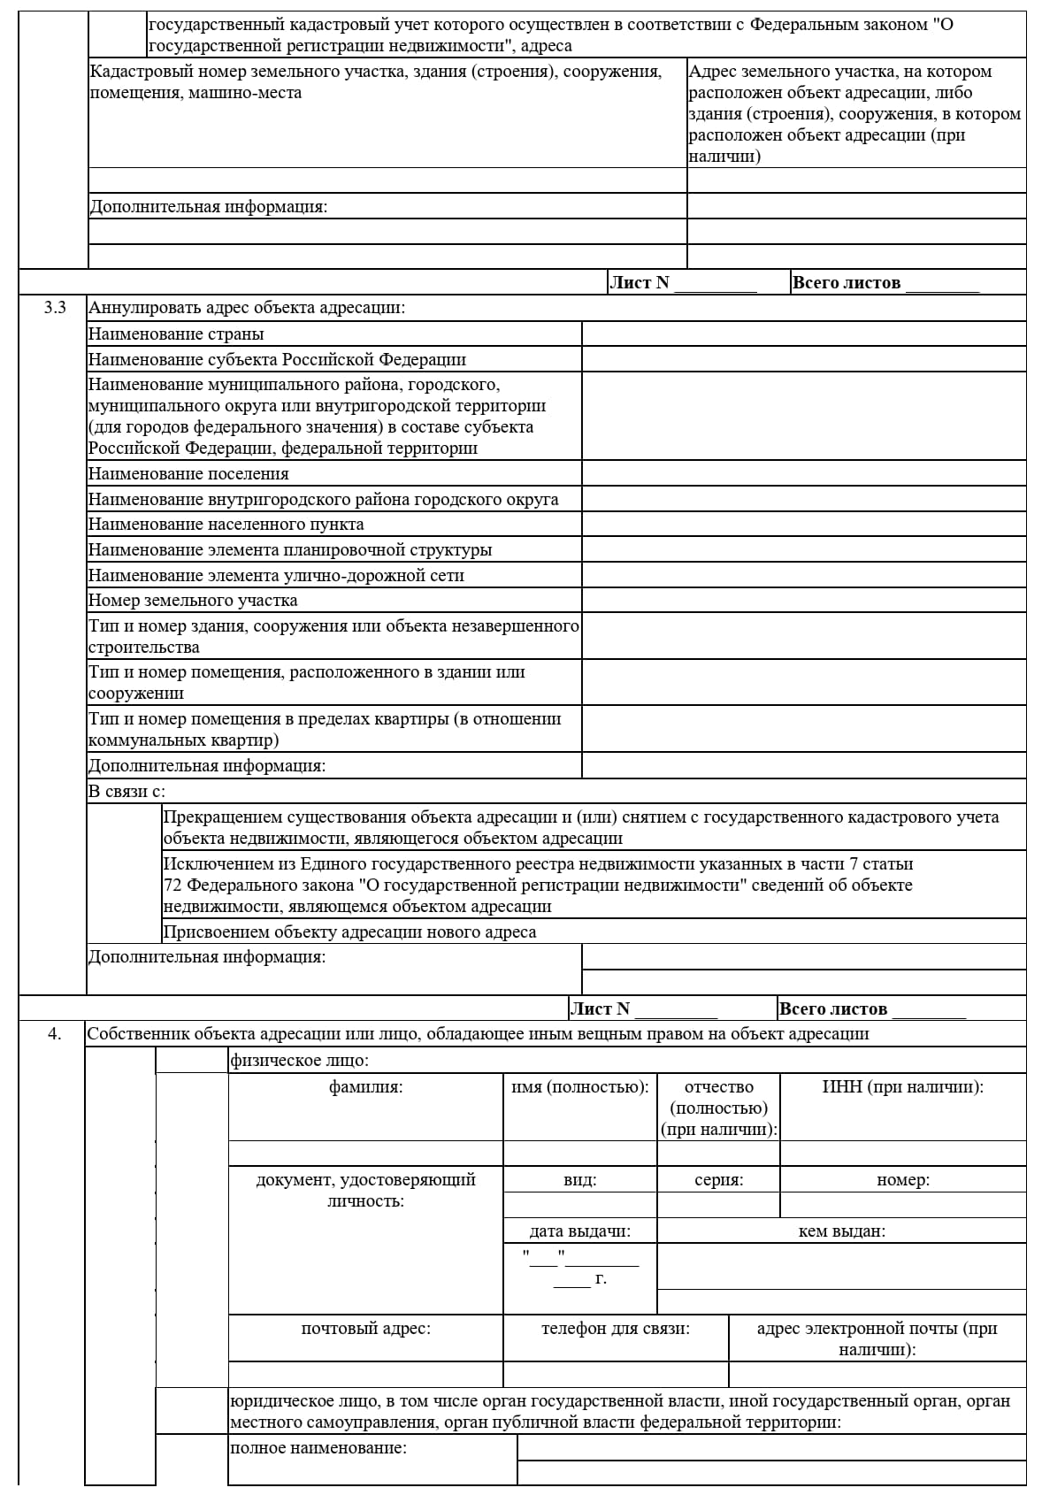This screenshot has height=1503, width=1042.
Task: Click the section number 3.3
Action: (x=55, y=308)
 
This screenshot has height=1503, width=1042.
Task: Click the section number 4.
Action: (x=55, y=1033)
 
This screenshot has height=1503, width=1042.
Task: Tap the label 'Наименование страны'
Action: (x=176, y=334)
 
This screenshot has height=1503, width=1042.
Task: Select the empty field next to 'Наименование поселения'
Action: (x=803, y=473)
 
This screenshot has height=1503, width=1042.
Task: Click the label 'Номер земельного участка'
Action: (x=193, y=601)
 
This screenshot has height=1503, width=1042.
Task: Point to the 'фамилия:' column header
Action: (x=365, y=1087)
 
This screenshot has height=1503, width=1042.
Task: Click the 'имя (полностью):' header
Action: (x=579, y=1087)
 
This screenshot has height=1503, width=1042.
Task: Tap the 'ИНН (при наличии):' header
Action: (x=902, y=1087)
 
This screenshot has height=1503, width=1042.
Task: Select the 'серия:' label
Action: (x=718, y=1180)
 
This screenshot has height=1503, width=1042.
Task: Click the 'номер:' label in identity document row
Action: (x=902, y=1180)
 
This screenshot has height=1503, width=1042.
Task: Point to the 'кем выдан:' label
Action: (x=841, y=1231)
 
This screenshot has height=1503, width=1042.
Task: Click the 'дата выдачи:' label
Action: (x=579, y=1231)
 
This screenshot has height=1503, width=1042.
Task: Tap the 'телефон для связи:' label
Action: (x=615, y=1328)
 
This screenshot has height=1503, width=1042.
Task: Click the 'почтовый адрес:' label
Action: (x=365, y=1328)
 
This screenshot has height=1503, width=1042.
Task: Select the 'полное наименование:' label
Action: (x=318, y=1448)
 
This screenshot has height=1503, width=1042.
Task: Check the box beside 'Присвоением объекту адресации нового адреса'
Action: (x=124, y=932)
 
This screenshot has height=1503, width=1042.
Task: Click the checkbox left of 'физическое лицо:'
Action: (x=191, y=1060)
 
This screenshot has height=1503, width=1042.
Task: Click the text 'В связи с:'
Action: (x=126, y=791)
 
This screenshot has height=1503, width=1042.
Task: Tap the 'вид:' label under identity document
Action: (x=579, y=1180)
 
